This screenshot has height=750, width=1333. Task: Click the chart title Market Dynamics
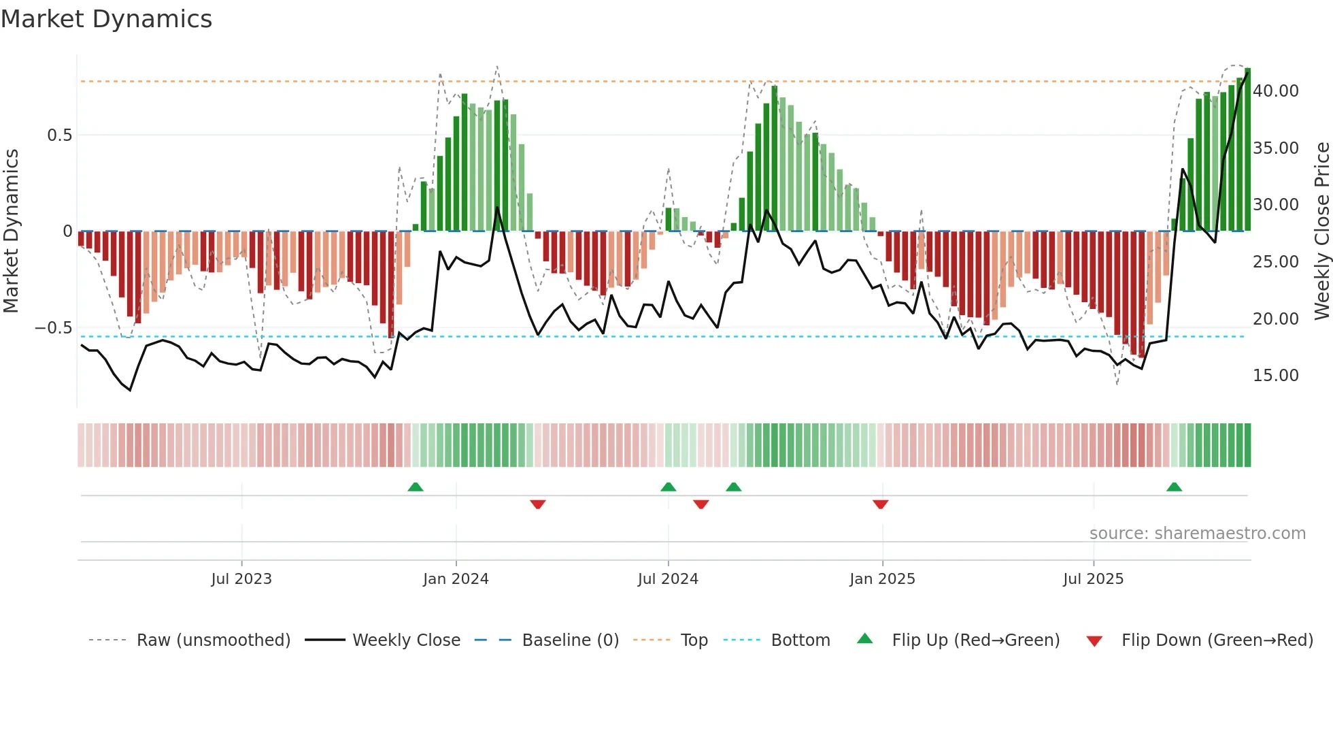tap(106, 19)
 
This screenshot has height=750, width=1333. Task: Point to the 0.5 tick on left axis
tap(59, 135)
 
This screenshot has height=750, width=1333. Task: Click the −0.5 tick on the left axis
tap(54, 328)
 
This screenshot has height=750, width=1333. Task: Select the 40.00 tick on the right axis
tap(1275, 91)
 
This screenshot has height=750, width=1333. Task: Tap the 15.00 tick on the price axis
tap(1275, 376)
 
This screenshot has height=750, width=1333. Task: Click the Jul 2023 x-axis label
tap(241, 579)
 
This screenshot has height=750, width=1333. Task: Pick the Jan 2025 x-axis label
tap(882, 579)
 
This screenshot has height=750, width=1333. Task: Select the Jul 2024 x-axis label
tap(668, 579)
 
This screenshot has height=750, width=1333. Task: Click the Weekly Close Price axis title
tap(1321, 231)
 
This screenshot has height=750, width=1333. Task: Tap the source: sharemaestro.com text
tap(1197, 534)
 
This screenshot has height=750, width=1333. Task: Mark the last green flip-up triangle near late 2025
tap(1174, 487)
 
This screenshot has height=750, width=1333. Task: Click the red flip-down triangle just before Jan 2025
tap(880, 504)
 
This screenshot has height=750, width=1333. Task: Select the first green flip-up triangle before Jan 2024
tap(416, 487)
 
